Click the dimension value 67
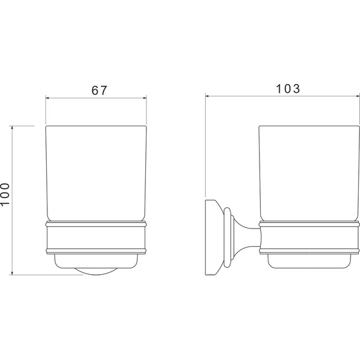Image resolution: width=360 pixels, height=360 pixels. (x=99, y=90)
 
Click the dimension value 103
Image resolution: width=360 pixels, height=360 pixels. (x=287, y=89)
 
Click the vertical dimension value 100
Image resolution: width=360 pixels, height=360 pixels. (x=5, y=194)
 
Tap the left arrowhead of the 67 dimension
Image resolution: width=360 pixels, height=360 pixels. (x=47, y=98)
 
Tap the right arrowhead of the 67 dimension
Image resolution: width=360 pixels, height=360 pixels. (x=145, y=98)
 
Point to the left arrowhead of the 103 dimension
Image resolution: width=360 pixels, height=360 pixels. (x=207, y=97)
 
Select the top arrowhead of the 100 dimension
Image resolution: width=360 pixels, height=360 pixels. (x=12, y=128)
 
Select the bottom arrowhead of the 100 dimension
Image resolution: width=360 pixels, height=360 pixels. (x=12, y=273)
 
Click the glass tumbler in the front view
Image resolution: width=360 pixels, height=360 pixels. (x=96, y=173)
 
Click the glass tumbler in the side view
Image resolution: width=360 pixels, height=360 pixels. (x=309, y=173)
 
